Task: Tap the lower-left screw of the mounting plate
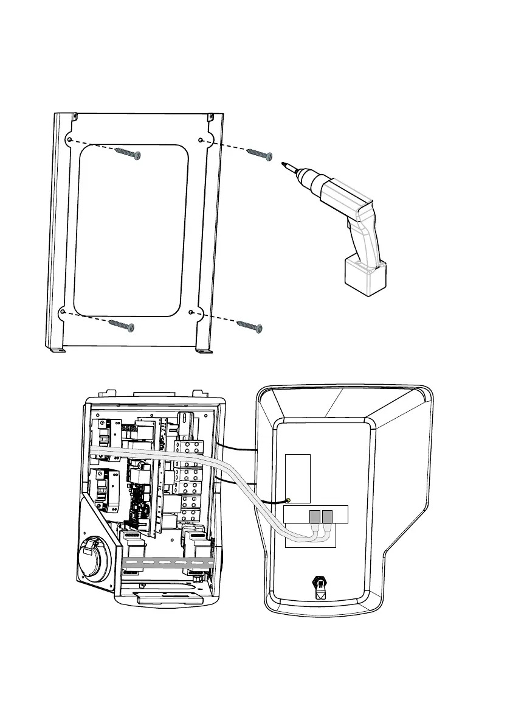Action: (x=123, y=324)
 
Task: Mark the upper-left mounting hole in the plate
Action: (x=71, y=140)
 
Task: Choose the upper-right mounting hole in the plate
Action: (x=201, y=141)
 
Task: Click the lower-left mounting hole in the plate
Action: (x=63, y=312)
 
